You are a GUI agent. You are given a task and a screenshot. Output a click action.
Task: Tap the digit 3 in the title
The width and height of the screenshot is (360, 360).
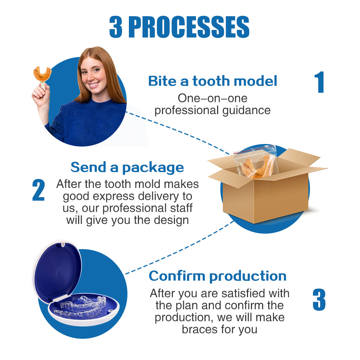point(116,27)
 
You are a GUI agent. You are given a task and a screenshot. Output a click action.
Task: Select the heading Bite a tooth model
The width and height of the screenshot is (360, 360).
point(213,81)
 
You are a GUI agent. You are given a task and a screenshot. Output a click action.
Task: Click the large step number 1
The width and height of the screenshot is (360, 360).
point(319,82)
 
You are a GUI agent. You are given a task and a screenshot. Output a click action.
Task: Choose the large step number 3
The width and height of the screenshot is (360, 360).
point(319,300)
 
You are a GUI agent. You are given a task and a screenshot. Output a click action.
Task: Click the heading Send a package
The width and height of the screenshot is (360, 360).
point(127,167)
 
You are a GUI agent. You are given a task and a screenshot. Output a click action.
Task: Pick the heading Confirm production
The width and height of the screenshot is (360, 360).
point(217,276)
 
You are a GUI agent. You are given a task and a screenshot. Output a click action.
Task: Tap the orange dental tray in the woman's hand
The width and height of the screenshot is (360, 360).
point(42,74)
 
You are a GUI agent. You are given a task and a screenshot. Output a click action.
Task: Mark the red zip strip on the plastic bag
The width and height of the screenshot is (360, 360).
point(255,148)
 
